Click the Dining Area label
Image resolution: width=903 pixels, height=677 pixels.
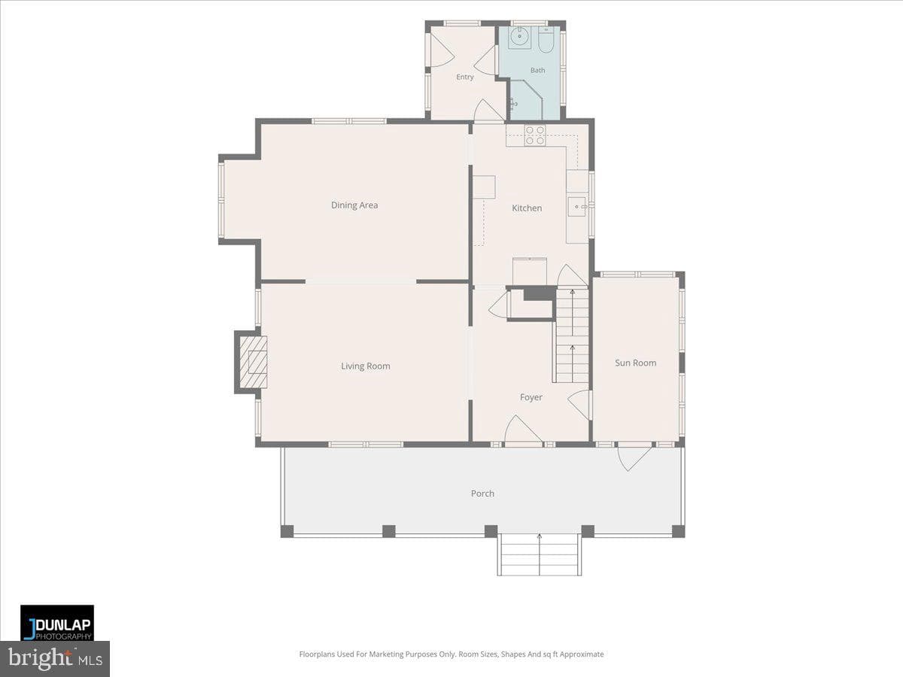tap(354, 205)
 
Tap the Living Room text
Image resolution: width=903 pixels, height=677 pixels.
tap(365, 366)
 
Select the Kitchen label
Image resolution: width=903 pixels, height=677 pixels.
tap(527, 208)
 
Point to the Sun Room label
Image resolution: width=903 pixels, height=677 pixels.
tap(635, 363)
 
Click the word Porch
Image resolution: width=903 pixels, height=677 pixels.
tap(482, 493)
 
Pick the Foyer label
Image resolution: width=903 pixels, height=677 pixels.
tap(531, 397)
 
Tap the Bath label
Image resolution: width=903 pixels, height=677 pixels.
tap(537, 70)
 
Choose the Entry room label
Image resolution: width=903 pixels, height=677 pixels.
tap(465, 77)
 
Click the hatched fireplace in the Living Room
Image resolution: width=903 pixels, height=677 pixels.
tap(254, 362)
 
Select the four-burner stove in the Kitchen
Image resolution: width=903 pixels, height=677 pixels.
tap(535, 135)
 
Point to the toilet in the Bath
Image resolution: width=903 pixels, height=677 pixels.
tap(546, 40)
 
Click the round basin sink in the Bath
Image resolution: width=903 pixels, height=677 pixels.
tap(519, 38)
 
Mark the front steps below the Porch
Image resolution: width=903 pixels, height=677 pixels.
tap(540, 555)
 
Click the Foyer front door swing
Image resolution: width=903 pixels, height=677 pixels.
tap(523, 431)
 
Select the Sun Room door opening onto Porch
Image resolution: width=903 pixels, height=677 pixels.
tap(634, 457)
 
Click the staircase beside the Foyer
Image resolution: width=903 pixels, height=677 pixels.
tap(572, 335)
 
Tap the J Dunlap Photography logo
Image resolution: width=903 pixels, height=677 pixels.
tap(57, 623)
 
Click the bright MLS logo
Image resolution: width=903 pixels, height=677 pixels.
tap(55, 658)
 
